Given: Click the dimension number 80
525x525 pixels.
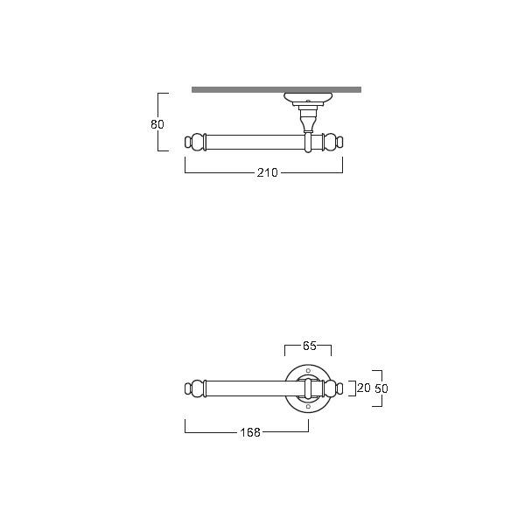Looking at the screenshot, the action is point(157,124).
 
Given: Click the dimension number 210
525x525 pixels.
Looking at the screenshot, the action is point(267,172).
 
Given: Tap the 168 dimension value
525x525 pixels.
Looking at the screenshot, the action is point(250,432).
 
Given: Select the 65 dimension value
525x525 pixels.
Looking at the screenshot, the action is point(310,346).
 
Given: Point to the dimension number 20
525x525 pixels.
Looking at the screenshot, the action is point(364,388).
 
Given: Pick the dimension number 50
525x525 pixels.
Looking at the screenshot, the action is point(381,388).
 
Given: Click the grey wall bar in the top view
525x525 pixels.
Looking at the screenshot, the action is point(276,90).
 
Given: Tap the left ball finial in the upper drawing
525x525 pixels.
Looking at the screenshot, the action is point(194,142).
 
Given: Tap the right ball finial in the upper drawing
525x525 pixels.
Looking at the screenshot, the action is point(333,142).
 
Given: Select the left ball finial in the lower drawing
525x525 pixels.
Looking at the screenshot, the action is point(194,388).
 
